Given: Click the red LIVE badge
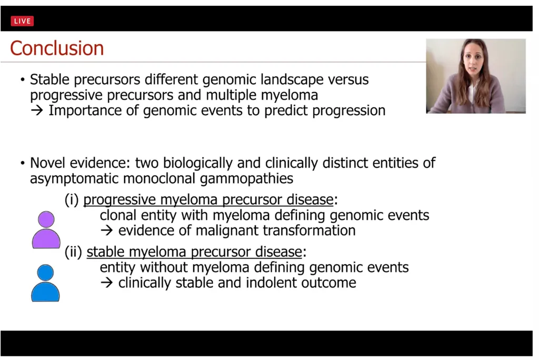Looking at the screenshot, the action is pyautogui.click(x=22, y=21).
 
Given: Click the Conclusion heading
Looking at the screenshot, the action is pyautogui.click(x=57, y=48).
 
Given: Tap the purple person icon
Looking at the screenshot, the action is pyautogui.click(x=46, y=229).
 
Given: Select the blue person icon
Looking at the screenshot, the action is pyautogui.click(x=45, y=283).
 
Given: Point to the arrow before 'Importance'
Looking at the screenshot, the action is pyautogui.click(x=37, y=111).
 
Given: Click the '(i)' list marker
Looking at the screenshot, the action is pyautogui.click(x=72, y=200).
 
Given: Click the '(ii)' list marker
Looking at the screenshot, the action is pyautogui.click(x=74, y=252).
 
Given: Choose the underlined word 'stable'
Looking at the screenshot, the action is pyautogui.click(x=105, y=252).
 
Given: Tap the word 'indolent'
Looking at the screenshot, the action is pyautogui.click(x=272, y=283).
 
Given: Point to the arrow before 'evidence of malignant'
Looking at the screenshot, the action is pyautogui.click(x=107, y=231).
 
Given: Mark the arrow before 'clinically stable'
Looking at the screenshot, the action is pyautogui.click(x=107, y=283).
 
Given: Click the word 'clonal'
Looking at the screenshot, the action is pyautogui.click(x=118, y=215).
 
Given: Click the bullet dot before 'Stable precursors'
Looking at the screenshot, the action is pyautogui.click(x=23, y=80).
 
